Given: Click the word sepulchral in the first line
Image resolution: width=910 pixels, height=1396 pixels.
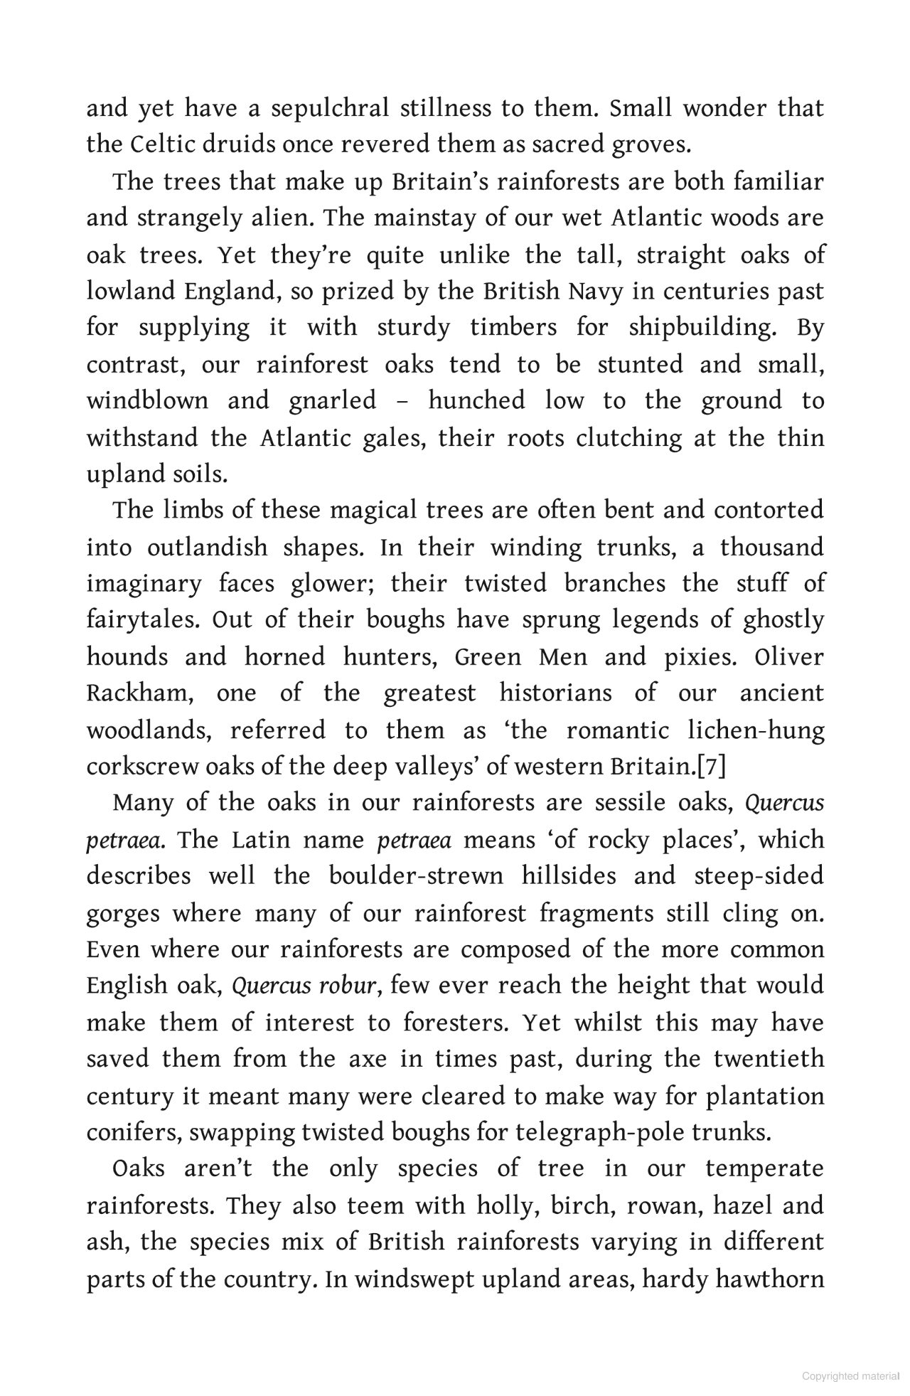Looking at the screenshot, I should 330,109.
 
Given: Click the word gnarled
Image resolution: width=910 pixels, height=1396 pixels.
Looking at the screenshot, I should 333,401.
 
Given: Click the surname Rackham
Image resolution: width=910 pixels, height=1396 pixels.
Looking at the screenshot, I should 139,693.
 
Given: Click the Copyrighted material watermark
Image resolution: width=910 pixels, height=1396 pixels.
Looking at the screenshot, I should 850,1376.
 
